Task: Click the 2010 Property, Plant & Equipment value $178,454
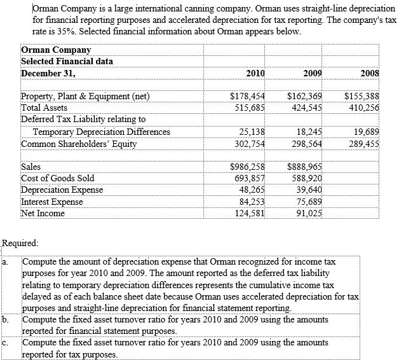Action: click(247, 97)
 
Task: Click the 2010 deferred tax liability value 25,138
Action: click(251, 132)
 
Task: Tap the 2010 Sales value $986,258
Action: click(247, 168)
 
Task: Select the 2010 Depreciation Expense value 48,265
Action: click(251, 190)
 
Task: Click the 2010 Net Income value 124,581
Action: click(248, 213)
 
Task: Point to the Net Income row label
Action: click(43, 213)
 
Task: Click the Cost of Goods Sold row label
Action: click(58, 179)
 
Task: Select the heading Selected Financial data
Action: click(67, 61)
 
